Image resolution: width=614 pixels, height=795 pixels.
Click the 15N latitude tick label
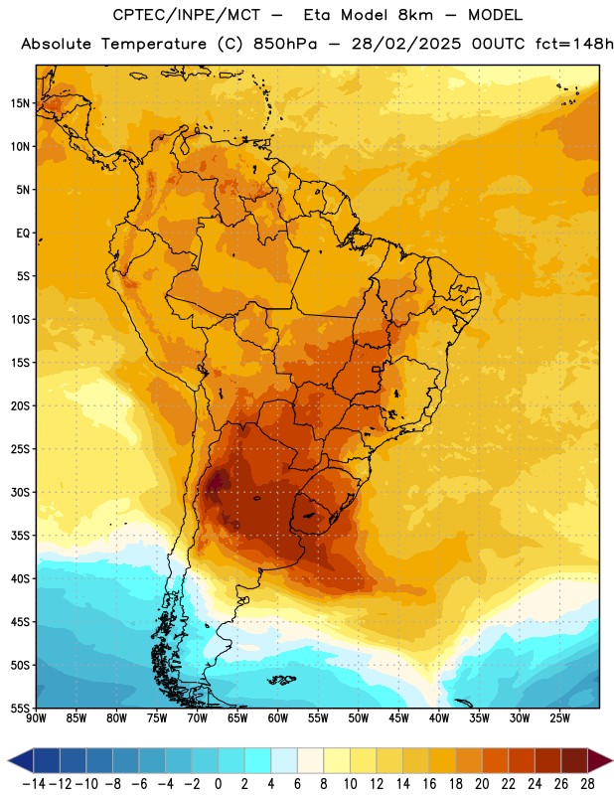(x=20, y=103)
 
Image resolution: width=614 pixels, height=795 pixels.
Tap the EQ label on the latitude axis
(x=23, y=234)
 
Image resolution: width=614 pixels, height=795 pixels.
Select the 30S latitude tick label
(x=20, y=492)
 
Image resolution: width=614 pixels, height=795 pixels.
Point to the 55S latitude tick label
(x=20, y=709)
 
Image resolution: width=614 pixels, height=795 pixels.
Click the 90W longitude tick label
(x=36, y=718)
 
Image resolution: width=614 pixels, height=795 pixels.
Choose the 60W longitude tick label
(x=278, y=718)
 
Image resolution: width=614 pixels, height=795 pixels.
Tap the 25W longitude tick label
(x=559, y=718)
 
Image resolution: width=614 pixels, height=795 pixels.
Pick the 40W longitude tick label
(x=439, y=718)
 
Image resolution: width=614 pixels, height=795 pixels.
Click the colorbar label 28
(x=587, y=784)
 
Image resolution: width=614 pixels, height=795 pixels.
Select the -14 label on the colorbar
(x=34, y=784)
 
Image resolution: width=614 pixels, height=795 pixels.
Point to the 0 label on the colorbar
(x=218, y=784)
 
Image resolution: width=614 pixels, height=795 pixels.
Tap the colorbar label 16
(x=429, y=784)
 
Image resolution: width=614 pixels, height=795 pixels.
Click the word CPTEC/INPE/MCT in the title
(x=187, y=15)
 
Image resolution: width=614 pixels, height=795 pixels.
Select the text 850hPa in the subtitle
(x=285, y=44)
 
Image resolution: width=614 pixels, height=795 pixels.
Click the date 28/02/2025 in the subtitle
(x=406, y=44)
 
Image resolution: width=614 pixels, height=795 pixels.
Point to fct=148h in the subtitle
(x=574, y=44)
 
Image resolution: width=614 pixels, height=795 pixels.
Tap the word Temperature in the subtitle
(x=154, y=44)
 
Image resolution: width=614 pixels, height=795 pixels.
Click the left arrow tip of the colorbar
(x=9, y=761)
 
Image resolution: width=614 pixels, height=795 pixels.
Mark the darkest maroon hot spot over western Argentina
(x=218, y=481)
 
